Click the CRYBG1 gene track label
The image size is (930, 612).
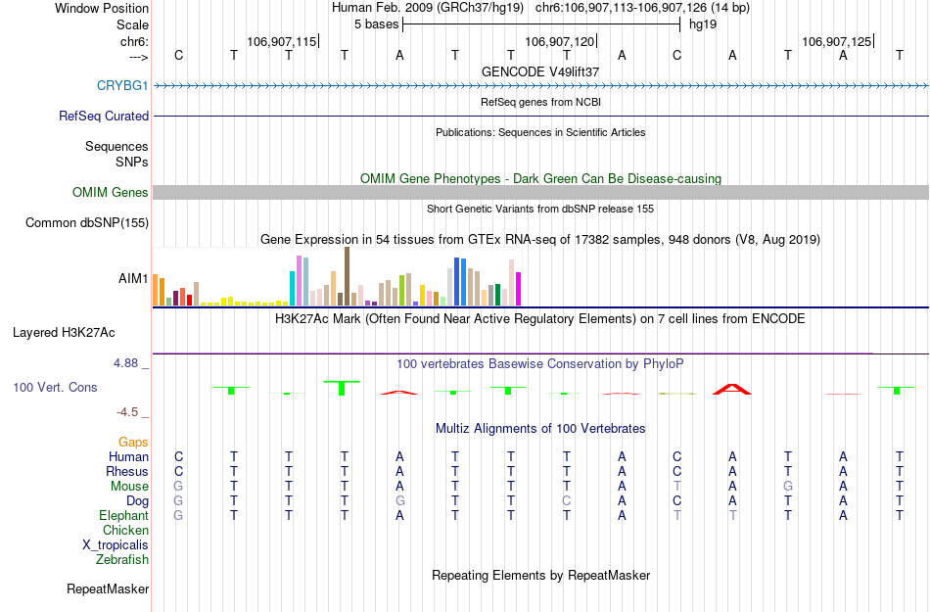[122, 85]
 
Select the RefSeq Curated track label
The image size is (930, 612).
[104, 116]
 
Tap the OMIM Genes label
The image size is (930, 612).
[111, 193]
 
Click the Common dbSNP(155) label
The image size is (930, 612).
[87, 222]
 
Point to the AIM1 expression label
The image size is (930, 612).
[133, 278]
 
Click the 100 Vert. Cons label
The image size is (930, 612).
[55, 387]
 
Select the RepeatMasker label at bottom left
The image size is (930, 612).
[108, 588]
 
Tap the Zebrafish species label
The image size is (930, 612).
[122, 560]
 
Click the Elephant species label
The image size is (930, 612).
[123, 515]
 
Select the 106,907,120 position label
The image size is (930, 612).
[559, 42]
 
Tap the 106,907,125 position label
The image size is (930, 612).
[835, 42]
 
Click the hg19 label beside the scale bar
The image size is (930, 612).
[703, 24]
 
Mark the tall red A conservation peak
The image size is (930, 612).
[731, 389]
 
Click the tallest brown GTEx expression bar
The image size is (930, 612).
[347, 276]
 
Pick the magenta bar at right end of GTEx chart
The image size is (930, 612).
[519, 289]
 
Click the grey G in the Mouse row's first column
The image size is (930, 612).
[178, 486]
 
